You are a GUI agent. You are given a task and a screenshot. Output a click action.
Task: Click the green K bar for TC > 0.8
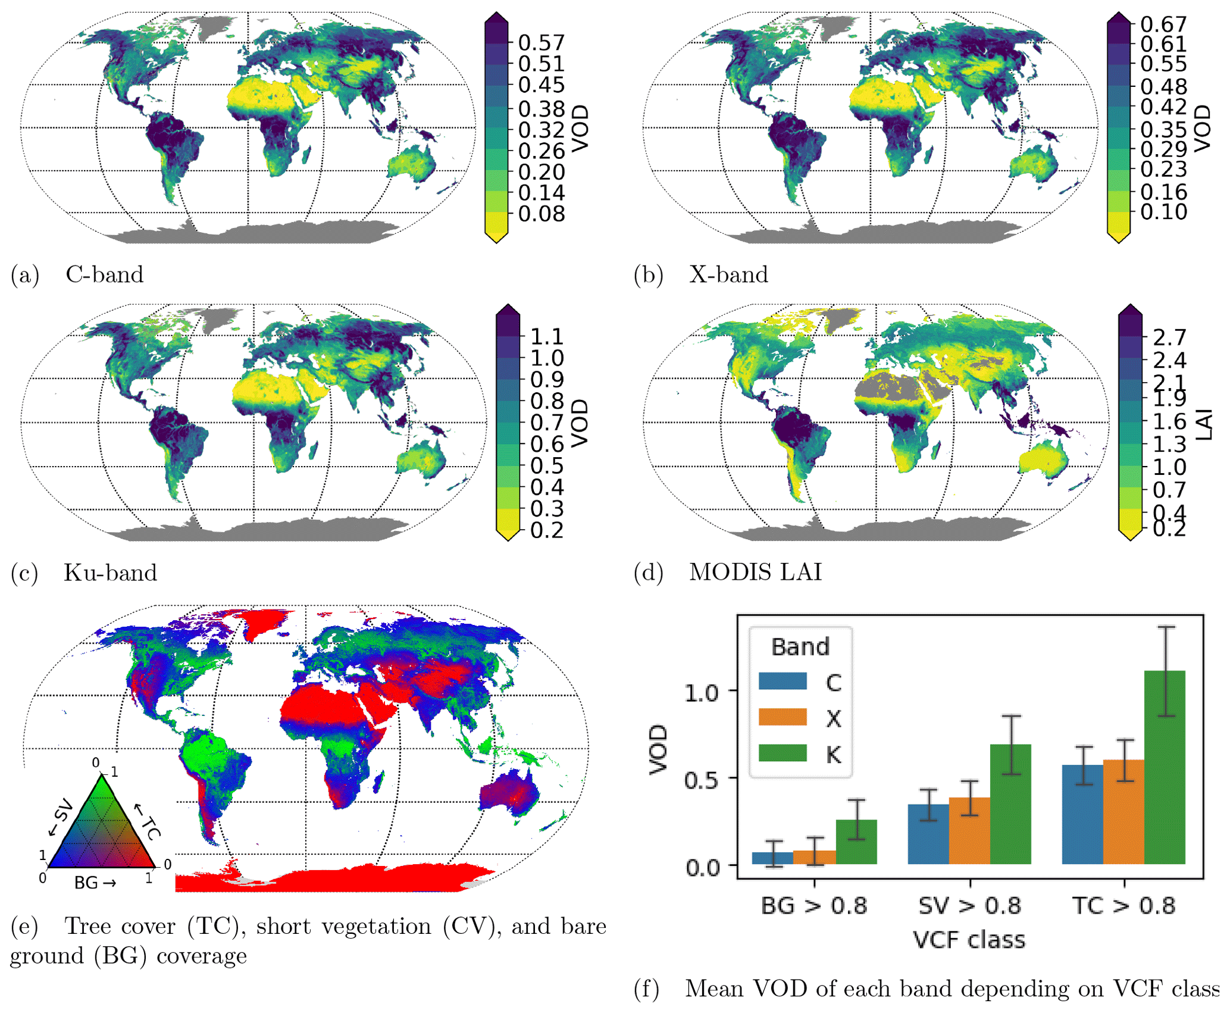click(1165, 768)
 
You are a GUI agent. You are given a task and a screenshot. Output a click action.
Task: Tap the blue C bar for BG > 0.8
click(773, 858)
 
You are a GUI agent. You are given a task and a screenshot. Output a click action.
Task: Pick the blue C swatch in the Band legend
click(783, 681)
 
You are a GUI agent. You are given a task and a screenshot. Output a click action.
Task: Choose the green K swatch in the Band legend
click(783, 753)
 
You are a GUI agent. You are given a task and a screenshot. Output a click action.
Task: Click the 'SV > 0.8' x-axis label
click(969, 905)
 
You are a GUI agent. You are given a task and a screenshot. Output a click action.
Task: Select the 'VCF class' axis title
click(969, 940)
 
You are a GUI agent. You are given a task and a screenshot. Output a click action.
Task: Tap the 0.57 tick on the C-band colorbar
click(541, 43)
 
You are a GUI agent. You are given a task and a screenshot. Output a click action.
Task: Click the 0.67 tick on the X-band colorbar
click(1163, 24)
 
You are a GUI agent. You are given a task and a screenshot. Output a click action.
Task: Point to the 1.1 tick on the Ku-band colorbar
click(546, 337)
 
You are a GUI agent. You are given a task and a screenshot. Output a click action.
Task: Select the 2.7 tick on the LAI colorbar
click(1169, 337)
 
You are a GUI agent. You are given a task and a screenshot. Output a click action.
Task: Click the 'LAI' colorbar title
click(1203, 424)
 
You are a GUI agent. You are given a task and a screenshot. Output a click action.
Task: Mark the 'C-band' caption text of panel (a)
click(104, 274)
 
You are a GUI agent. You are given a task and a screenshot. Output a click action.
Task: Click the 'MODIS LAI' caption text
click(755, 572)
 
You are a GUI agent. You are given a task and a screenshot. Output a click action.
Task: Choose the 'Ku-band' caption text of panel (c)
click(110, 573)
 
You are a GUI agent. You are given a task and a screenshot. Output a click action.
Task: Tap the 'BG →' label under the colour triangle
click(95, 883)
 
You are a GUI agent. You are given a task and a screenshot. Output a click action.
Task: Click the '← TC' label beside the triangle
click(148, 821)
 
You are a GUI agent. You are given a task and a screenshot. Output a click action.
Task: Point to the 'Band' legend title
click(800, 647)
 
